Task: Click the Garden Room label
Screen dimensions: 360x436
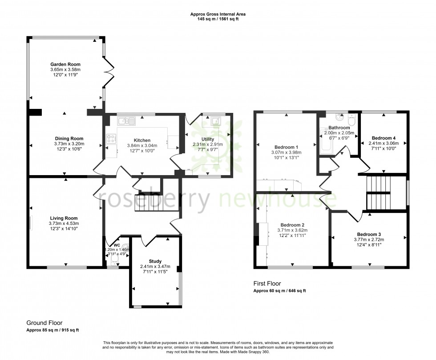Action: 65,64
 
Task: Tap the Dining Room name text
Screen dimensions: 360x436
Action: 65,138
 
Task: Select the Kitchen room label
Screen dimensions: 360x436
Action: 142,140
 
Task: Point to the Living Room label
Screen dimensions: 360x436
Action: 65,218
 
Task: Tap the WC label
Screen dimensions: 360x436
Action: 117,245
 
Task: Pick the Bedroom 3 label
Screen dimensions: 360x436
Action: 369,234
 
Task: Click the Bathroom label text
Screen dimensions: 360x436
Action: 339,128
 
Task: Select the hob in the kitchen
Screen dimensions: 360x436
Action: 111,139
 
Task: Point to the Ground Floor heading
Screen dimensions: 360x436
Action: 44,323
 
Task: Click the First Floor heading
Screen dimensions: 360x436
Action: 267,284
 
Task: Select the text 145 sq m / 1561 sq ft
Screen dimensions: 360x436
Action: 218,20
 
